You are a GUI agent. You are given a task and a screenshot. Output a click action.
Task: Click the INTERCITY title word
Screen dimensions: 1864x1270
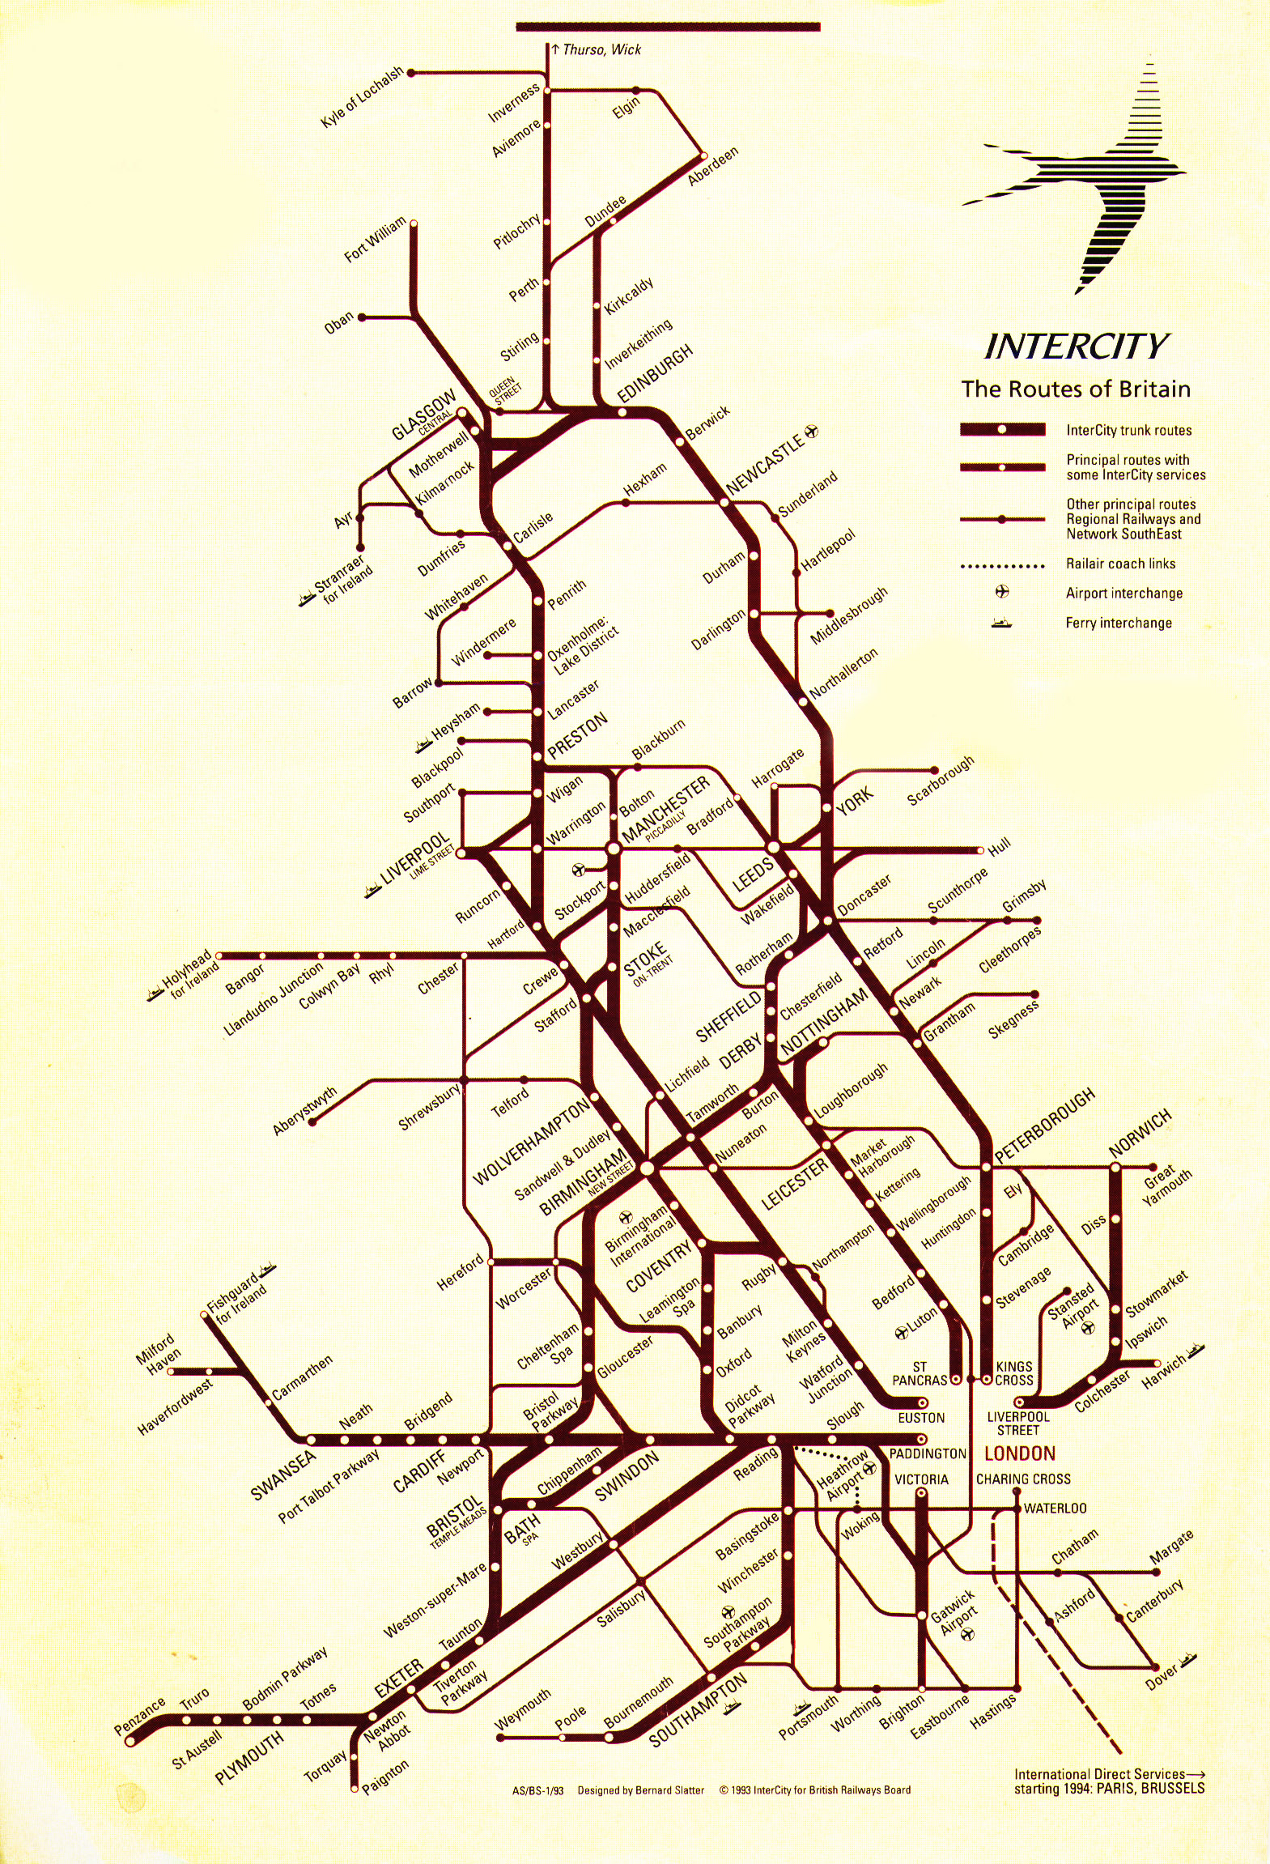1076,347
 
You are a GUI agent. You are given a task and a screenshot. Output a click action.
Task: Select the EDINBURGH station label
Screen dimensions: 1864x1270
656,373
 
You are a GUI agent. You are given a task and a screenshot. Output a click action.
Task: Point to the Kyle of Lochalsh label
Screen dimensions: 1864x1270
361,98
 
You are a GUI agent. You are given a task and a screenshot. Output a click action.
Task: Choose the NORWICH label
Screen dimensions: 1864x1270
1140,1134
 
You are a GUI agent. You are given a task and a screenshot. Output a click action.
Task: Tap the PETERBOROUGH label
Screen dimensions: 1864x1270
1045,1126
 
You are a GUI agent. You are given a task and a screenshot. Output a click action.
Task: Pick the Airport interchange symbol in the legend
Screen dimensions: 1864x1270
1002,592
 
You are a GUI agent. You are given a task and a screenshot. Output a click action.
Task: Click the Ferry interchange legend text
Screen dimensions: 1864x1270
1118,623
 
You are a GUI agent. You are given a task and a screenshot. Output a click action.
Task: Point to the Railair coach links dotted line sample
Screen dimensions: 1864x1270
1002,566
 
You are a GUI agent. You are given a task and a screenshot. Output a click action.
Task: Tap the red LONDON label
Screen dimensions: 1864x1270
1019,1453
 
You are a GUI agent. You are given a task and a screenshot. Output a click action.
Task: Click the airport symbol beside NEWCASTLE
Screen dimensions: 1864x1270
811,430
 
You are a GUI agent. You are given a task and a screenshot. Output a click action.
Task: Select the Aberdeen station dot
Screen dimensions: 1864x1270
703,155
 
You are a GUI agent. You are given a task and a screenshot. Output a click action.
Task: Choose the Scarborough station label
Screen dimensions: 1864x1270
941,782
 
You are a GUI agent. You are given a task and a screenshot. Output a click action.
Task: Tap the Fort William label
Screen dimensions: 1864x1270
375,240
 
